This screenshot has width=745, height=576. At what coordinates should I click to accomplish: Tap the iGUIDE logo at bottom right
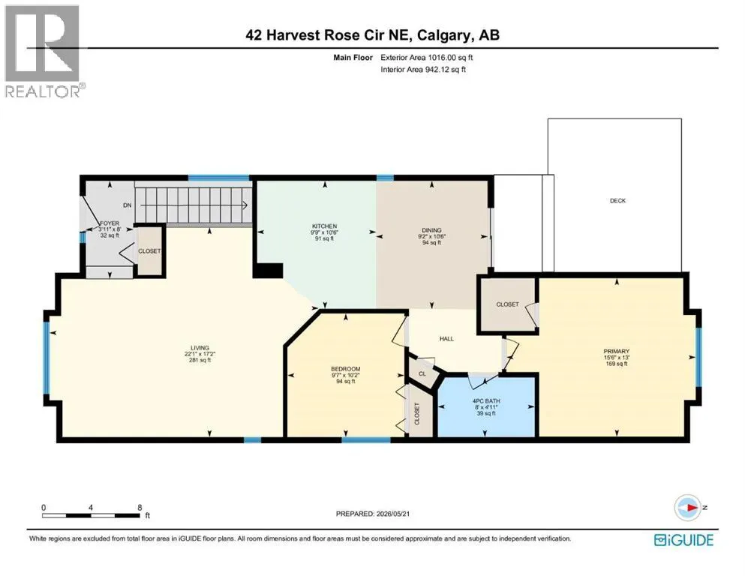click(683, 540)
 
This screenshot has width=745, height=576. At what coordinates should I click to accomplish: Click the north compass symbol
click(687, 508)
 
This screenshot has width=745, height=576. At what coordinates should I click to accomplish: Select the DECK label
click(617, 201)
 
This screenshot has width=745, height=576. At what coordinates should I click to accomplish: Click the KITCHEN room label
click(325, 226)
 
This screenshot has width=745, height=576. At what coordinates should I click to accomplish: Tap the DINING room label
click(431, 230)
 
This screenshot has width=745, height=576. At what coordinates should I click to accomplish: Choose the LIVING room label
click(200, 348)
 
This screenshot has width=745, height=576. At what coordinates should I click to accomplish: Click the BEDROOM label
click(345, 369)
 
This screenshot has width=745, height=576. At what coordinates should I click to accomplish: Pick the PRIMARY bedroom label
click(616, 352)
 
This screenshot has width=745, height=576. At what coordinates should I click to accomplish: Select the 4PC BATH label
click(486, 401)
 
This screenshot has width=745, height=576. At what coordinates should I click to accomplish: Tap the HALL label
click(446, 338)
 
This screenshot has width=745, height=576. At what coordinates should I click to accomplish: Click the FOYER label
click(110, 223)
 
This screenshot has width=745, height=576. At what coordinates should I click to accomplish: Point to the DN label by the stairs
click(127, 205)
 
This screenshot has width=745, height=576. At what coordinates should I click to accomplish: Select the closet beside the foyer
click(149, 251)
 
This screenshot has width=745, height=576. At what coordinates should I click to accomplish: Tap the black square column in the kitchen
click(268, 270)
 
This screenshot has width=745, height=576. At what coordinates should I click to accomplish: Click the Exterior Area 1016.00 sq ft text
click(427, 58)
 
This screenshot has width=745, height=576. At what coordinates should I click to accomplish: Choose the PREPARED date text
click(372, 514)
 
